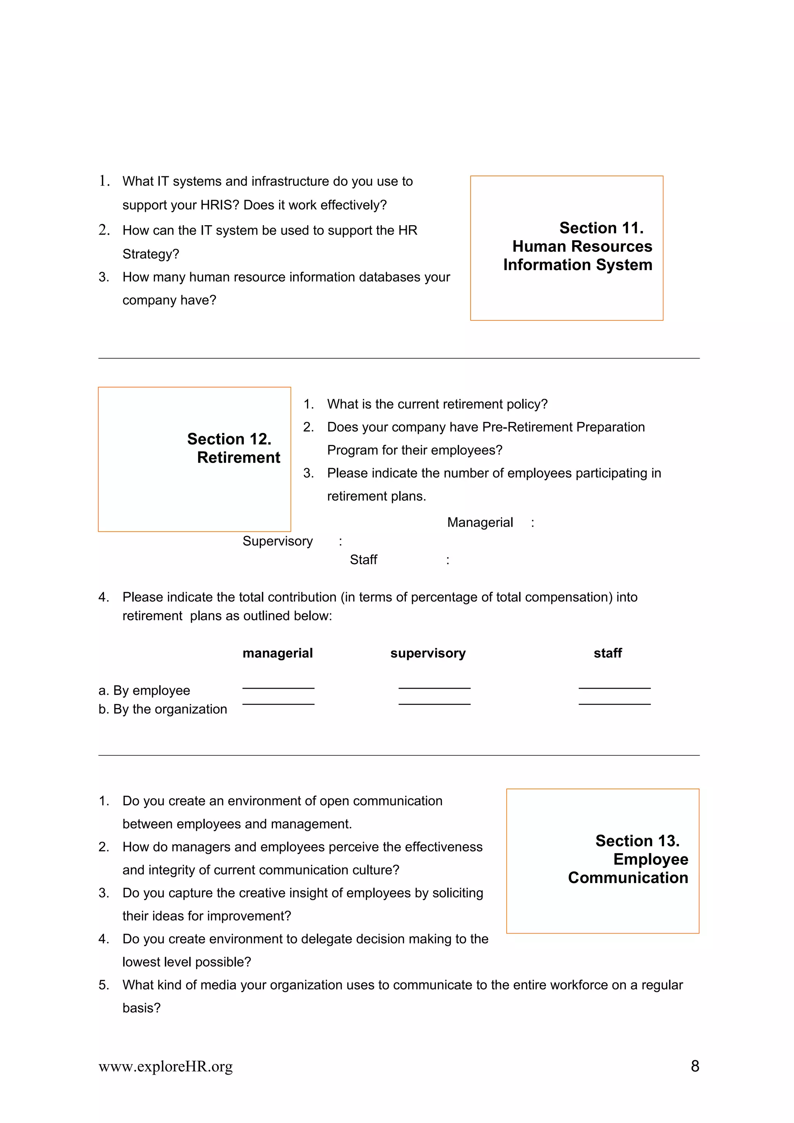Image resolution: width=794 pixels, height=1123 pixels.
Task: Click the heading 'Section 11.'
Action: tap(601, 228)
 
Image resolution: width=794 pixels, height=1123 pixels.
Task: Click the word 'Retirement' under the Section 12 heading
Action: tap(238, 457)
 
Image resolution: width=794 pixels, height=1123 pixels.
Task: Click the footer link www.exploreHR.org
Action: tap(166, 1066)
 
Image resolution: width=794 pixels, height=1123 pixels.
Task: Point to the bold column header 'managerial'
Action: tap(277, 653)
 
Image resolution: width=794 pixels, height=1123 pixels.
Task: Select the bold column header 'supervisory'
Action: tap(428, 653)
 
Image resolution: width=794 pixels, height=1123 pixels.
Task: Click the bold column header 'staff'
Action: tap(607, 653)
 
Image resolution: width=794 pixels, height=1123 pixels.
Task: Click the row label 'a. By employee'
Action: tap(144, 690)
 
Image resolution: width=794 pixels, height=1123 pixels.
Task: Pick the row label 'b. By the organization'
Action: tap(162, 709)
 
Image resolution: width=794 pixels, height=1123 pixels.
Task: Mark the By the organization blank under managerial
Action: tap(278, 703)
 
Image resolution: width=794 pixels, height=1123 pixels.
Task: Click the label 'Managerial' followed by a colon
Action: tap(480, 522)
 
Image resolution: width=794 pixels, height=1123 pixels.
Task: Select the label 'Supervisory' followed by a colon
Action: tap(277, 541)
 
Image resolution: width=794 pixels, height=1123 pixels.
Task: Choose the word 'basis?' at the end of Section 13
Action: tap(142, 1008)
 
